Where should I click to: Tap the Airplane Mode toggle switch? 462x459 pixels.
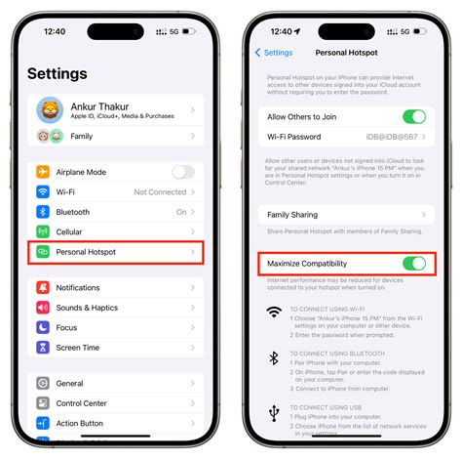182,172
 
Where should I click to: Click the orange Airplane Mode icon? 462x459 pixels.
43,172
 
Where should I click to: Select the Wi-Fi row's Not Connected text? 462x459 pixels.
161,192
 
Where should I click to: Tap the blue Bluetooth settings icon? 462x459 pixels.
43,212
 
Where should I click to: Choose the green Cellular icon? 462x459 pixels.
43,231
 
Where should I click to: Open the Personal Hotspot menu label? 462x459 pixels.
86,252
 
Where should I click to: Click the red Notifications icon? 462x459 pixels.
43,288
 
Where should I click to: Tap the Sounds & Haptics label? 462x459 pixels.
87,308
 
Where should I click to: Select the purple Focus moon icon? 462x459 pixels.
43,327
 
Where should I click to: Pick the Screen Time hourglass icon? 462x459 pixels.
43,348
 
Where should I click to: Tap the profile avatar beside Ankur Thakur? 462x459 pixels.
50,110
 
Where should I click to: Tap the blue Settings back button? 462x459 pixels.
273,53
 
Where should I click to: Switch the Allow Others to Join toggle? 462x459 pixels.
414,117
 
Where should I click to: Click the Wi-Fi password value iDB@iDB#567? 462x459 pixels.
397,137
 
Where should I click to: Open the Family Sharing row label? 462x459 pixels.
292,215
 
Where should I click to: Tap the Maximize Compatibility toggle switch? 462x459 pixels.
414,264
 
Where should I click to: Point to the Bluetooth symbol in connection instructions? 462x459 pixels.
274,359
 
